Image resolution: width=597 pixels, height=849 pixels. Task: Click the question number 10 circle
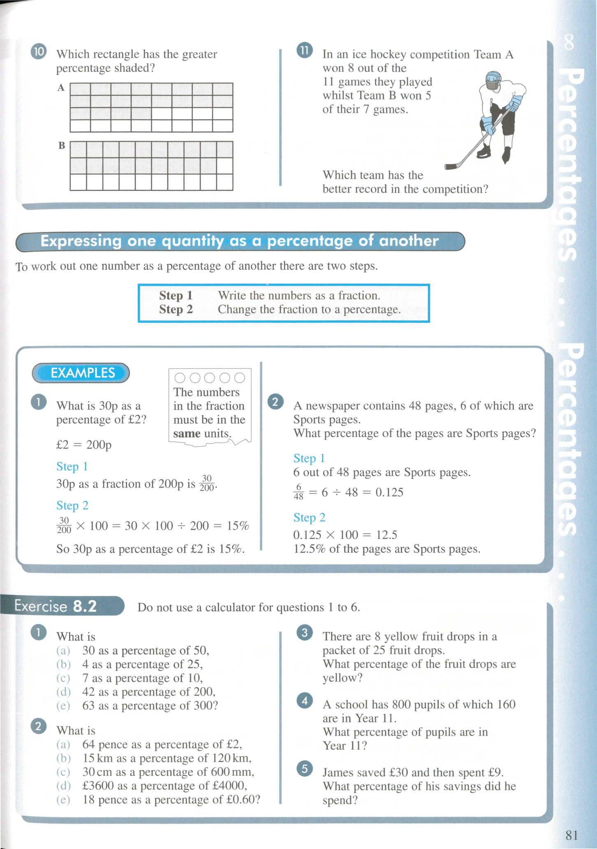[38, 52]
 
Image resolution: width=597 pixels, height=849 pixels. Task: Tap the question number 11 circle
[304, 51]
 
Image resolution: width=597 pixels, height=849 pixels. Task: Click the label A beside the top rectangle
[61, 88]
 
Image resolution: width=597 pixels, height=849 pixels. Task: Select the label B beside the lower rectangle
[62, 146]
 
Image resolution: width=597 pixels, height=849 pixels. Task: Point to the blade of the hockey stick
[452, 167]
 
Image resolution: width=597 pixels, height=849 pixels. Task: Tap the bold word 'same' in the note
[187, 434]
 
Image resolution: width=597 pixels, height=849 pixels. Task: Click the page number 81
[572, 835]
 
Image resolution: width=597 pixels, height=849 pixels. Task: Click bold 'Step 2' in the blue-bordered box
[176, 309]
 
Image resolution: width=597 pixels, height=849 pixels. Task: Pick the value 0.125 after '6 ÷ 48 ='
[389, 492]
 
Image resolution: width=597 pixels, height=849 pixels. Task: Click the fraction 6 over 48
[298, 492]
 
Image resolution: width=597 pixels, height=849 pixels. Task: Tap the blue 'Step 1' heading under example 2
[309, 458]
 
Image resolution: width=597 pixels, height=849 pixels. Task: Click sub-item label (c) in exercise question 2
[63, 772]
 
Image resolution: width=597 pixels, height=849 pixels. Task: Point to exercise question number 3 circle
[304, 632]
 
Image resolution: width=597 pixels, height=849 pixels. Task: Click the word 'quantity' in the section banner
[193, 241]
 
